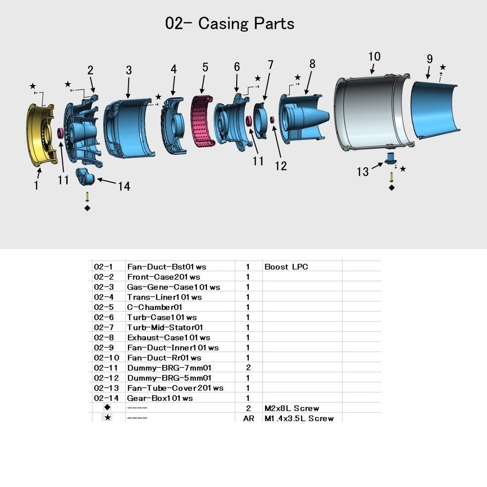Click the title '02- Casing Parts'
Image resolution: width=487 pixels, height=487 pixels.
pos(230,23)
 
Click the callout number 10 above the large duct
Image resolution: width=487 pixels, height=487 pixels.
pos(374,56)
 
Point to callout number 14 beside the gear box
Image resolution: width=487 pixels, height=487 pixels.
pos(124,186)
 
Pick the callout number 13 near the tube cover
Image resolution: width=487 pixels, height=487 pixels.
pos(363,171)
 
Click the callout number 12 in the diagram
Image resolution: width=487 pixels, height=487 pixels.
pos(281,165)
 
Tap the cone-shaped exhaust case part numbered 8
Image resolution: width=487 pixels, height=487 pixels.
pos(302,117)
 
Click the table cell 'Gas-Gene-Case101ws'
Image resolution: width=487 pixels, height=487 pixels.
pos(173,287)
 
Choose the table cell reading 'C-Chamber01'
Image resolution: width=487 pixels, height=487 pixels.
pos(154,307)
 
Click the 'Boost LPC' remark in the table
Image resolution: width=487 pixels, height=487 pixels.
pos(286,267)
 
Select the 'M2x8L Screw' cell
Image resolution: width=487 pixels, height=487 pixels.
pos(292,408)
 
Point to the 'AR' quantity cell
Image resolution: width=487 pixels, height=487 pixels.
pos(248,418)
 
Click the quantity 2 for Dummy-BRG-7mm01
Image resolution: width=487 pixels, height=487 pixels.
pos(248,368)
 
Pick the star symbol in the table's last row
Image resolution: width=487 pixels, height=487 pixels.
pos(107,417)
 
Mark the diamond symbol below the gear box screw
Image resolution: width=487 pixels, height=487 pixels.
pos(87,208)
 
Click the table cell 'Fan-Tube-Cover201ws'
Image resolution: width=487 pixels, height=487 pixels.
pos(175,388)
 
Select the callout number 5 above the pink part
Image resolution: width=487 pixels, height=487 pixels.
pos(205,67)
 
